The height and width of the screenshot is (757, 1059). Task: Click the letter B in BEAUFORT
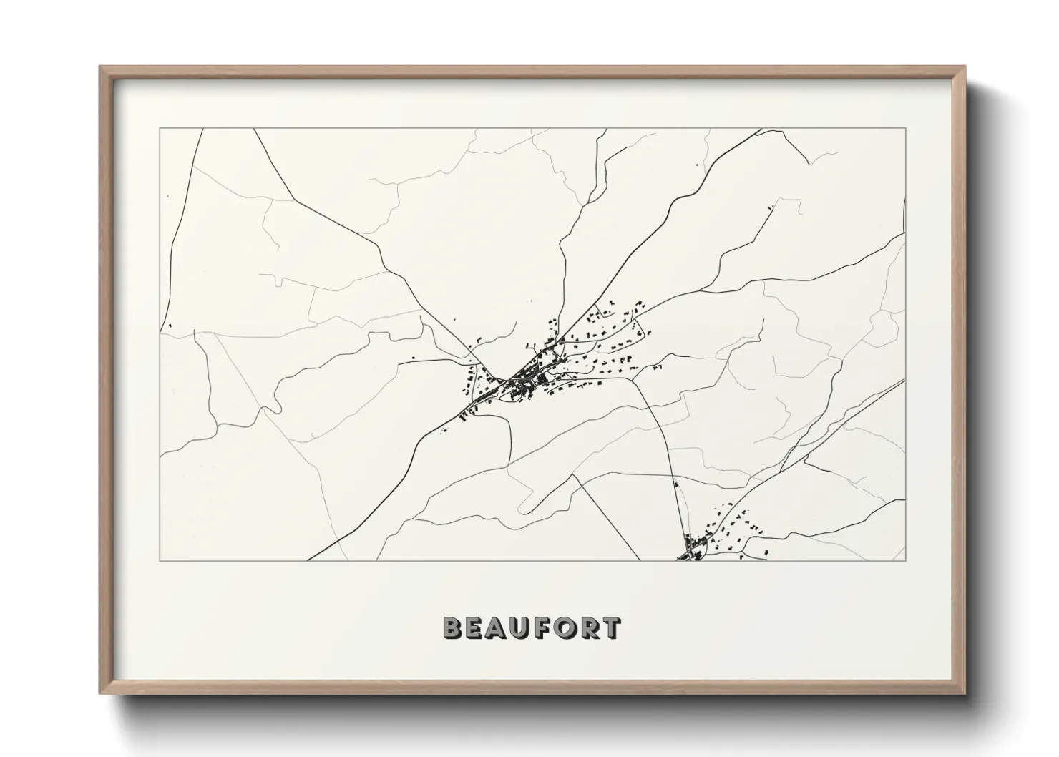453,628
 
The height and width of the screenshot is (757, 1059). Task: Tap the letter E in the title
475,628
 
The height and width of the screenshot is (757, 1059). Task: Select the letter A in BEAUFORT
498,628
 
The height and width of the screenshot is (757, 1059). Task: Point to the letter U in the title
521,628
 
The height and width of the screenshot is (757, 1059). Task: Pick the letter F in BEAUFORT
542,628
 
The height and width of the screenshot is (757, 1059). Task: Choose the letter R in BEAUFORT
587,628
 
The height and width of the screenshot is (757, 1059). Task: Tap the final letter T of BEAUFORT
610,628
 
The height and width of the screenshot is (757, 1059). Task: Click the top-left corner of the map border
160,129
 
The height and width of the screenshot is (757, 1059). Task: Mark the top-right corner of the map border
906,129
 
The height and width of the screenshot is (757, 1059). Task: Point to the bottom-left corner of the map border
160,560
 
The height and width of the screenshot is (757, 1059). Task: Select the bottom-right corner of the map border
906,560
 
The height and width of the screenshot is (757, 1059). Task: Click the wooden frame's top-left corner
99,67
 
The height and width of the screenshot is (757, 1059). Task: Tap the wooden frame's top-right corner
966,67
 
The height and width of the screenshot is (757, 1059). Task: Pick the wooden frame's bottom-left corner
99,693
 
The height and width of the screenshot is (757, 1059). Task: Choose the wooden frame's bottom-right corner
966,693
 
